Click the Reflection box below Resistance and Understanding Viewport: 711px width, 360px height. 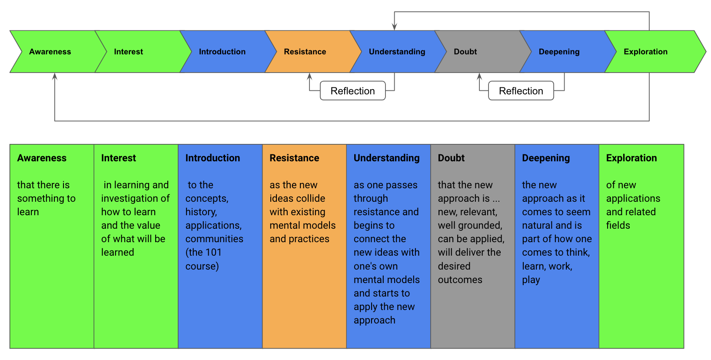point(352,91)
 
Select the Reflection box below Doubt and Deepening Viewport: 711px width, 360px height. point(521,91)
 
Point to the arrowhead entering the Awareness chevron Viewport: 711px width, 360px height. point(55,76)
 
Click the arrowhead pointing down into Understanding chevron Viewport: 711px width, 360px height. point(394,27)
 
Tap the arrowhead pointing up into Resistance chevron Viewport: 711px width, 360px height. point(309,76)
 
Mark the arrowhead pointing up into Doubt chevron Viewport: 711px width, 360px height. point(479,76)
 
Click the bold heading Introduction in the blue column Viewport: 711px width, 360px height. point(213,158)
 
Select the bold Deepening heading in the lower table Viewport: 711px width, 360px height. point(545,158)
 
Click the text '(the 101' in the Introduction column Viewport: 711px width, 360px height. point(203,252)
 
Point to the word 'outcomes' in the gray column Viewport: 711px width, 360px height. point(460,280)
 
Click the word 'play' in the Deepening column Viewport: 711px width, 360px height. point(531,280)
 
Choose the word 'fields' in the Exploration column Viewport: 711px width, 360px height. point(618,225)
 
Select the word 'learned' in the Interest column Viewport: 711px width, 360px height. point(117,252)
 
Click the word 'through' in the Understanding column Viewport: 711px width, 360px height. point(371,198)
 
